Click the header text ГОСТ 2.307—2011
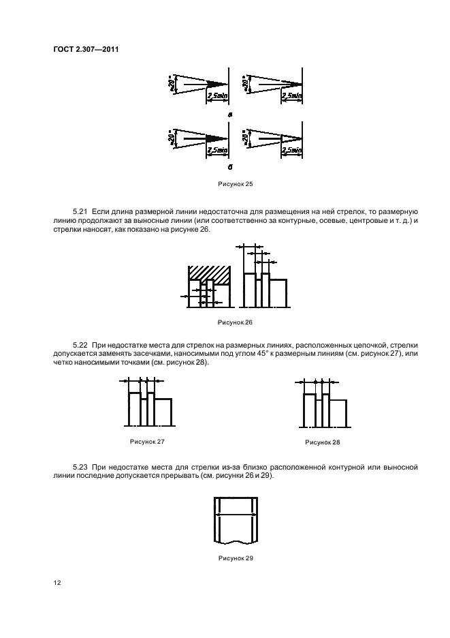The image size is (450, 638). tap(80, 48)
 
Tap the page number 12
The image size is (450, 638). tap(58, 583)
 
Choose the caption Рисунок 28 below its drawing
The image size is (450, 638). tap(323, 442)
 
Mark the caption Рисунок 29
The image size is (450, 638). tap(236, 558)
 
